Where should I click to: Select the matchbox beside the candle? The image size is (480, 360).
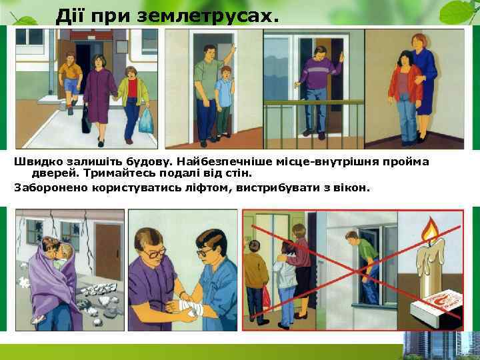pyautogui.click(x=436, y=308)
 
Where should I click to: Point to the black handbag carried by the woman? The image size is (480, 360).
pyautogui.click(x=86, y=120)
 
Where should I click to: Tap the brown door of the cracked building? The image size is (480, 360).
pyautogui.click(x=108, y=251)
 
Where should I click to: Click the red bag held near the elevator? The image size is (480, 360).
pyautogui.click(x=266, y=296)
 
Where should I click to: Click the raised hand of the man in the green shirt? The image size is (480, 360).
pyautogui.click(x=233, y=49)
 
